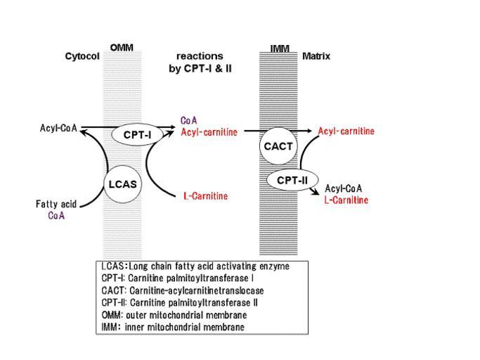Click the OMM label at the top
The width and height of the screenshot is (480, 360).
122,46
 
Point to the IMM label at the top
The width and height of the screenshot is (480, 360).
279,48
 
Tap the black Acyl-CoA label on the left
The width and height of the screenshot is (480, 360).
58,129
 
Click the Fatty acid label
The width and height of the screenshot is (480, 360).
56,205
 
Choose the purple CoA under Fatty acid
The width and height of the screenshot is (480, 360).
56,216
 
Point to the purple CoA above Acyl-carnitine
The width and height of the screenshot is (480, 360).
189,120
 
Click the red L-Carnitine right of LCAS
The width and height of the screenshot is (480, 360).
205,195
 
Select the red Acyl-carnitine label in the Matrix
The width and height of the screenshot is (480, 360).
346,131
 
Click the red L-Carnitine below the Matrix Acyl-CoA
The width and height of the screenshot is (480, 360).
346,200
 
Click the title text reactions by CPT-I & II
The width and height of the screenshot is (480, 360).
200,63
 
